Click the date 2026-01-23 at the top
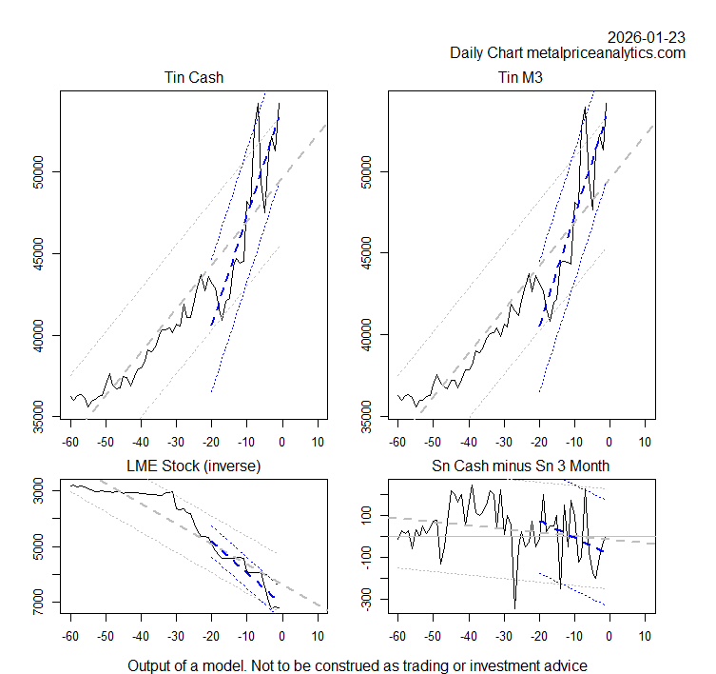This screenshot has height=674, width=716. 647,37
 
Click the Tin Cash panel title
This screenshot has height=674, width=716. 193,77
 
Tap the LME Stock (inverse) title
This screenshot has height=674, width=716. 193,466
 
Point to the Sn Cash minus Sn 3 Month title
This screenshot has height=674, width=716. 521,466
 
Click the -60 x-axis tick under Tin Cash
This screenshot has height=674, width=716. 69,443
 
